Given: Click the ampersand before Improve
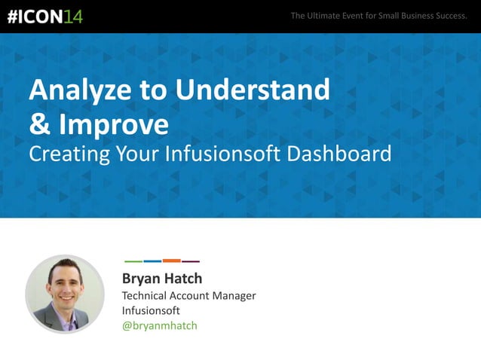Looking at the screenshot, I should pyautogui.click(x=38, y=123).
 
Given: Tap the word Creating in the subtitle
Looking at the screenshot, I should pyautogui.click(x=68, y=154).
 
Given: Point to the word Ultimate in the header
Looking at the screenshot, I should pyautogui.click(x=329, y=16).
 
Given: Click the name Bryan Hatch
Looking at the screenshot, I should pyautogui.click(x=162, y=279).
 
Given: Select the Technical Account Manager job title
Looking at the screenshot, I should pyautogui.click(x=188, y=295).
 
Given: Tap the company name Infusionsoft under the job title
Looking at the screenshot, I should pyautogui.click(x=151, y=310).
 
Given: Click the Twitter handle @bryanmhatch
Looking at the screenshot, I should pyautogui.click(x=159, y=325).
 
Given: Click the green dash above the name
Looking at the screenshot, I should pyautogui.click(x=133, y=261).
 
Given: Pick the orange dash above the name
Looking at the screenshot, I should pyautogui.click(x=172, y=261).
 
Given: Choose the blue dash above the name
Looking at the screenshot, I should pyautogui.click(x=152, y=261).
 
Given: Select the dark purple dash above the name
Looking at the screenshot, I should pyautogui.click(x=191, y=261).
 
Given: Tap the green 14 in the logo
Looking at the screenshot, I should pyautogui.click(x=73, y=17).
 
